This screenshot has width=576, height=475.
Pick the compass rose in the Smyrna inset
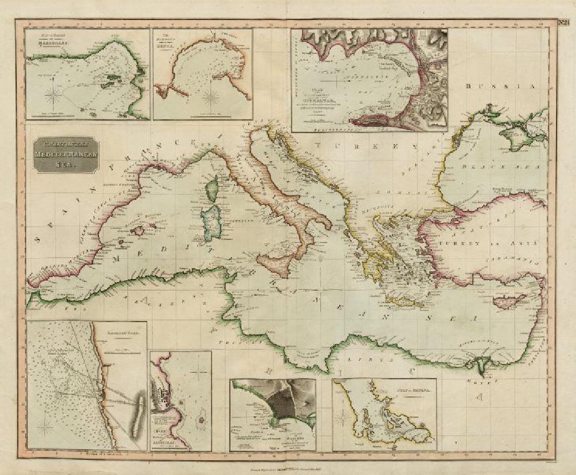344,418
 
